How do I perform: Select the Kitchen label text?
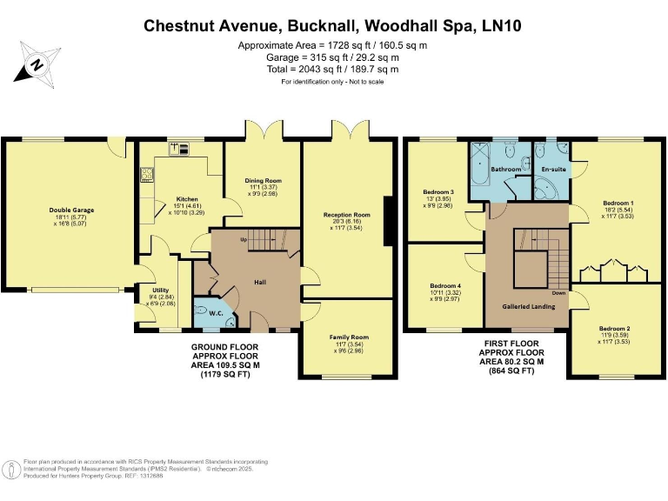[x=187, y=199]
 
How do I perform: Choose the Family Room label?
[x=348, y=337]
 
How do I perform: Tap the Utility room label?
[x=157, y=292]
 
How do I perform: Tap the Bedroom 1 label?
[x=618, y=204]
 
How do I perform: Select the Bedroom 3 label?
[x=438, y=192]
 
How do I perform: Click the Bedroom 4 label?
[x=445, y=286]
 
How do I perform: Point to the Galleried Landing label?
[x=526, y=307]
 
